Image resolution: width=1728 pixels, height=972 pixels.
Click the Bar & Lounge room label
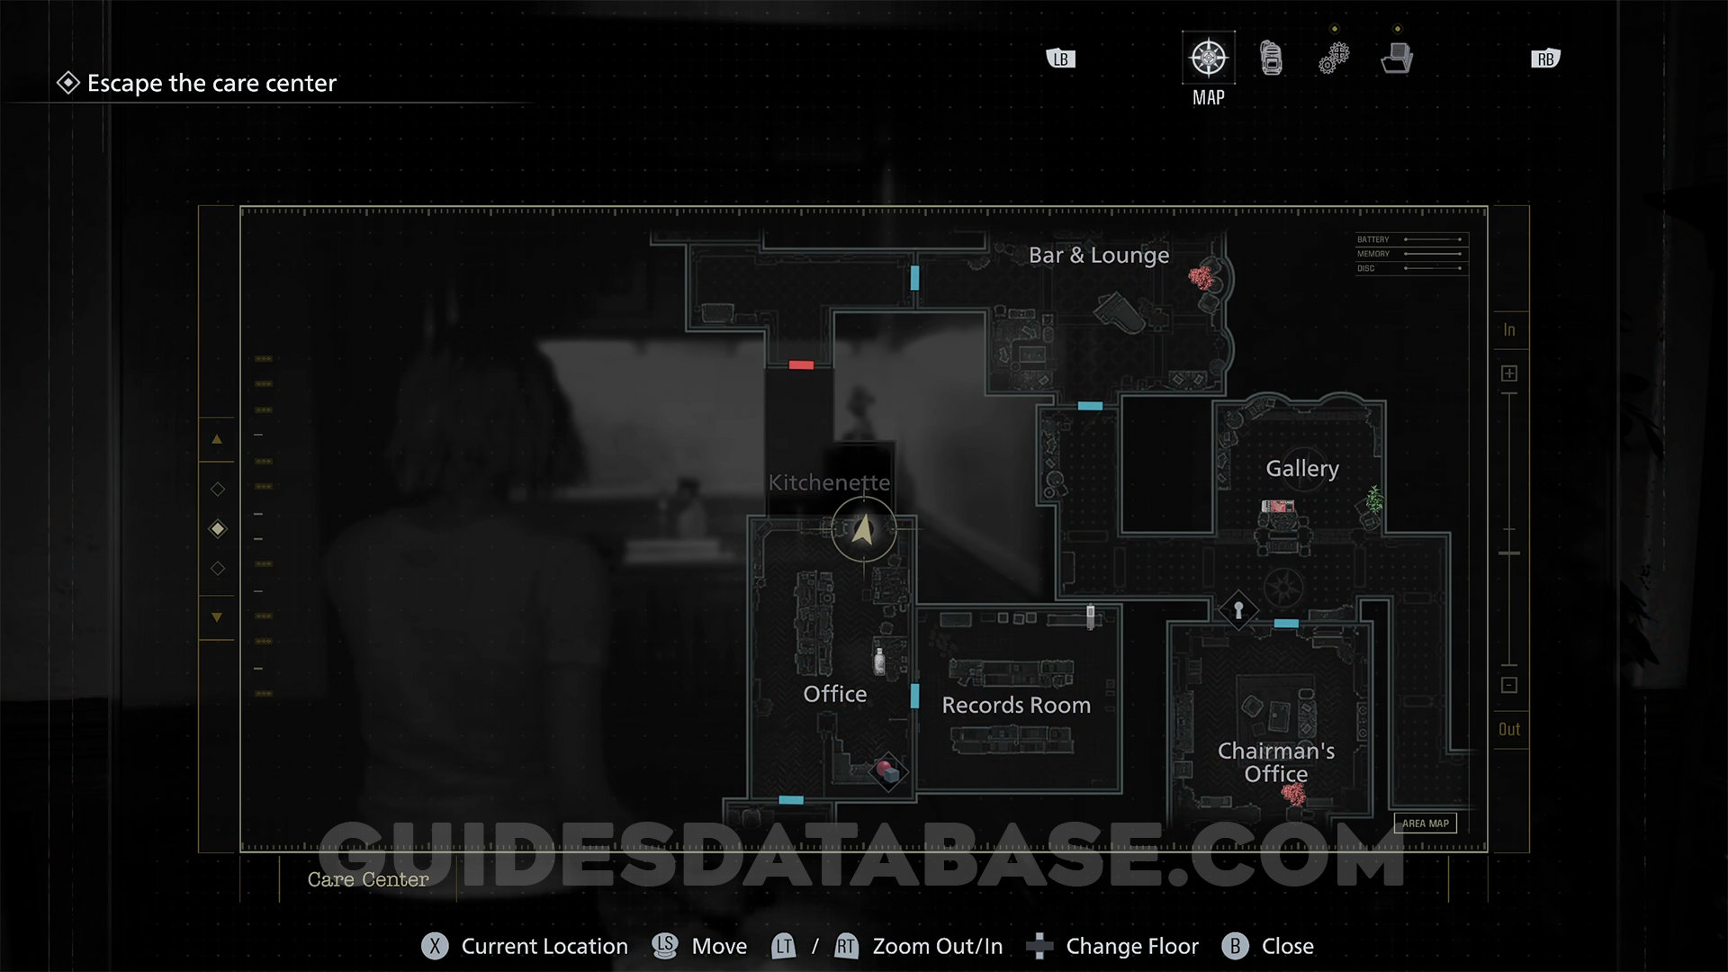click(1099, 256)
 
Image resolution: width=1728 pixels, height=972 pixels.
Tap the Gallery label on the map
click(1302, 469)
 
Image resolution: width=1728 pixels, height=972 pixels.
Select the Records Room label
click(1016, 706)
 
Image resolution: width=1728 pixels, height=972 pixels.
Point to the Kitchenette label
click(829, 482)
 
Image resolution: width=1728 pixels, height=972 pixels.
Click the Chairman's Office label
click(1276, 762)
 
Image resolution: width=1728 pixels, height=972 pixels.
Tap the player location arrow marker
click(863, 529)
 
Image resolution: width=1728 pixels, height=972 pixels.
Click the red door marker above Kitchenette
click(801, 365)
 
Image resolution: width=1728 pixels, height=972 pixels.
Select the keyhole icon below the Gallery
click(1238, 611)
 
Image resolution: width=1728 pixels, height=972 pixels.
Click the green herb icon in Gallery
click(1374, 499)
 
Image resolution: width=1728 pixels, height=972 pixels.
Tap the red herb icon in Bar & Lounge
click(1201, 277)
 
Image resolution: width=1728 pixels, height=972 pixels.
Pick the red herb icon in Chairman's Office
click(1294, 794)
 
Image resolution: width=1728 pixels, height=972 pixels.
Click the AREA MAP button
click(1425, 823)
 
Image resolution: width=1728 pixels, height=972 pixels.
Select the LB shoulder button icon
click(1061, 59)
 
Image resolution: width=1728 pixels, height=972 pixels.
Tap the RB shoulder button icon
click(1545, 59)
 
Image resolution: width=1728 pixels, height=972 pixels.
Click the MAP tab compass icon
click(1208, 58)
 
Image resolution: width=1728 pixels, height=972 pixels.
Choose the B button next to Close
click(1235, 946)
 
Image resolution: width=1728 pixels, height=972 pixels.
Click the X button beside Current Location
click(435, 946)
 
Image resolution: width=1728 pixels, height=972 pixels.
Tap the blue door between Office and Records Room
click(914, 696)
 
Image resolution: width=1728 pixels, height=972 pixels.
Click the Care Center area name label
click(368, 879)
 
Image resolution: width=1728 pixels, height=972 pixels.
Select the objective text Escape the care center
click(211, 84)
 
